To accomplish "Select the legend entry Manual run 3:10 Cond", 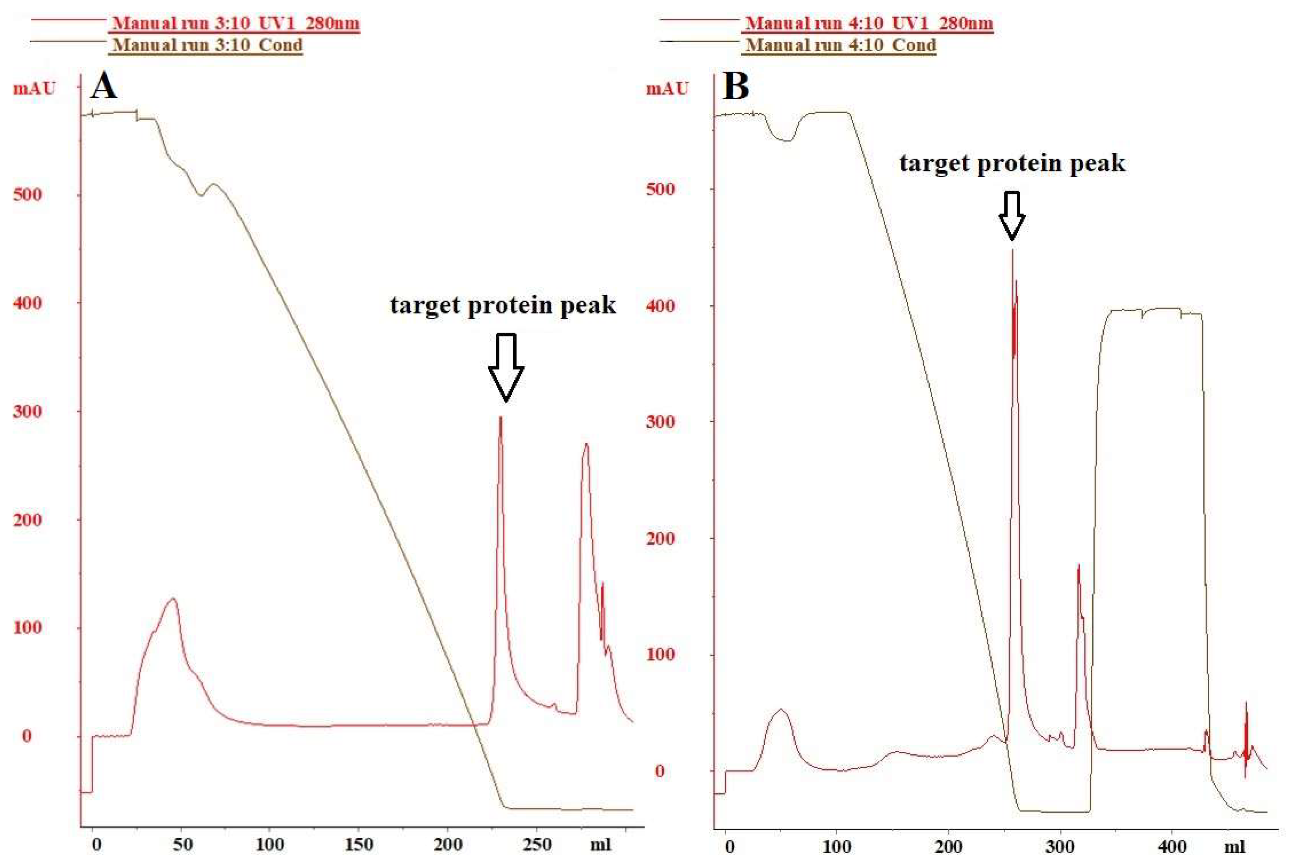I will coord(205,45).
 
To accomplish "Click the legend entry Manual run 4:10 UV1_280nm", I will coord(869,23).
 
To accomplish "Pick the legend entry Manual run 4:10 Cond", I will coord(841,45).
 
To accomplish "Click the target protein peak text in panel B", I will coord(1012,163).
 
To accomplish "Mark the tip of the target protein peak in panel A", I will coord(500,418).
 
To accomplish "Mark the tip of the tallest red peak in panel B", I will coord(1012,250).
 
